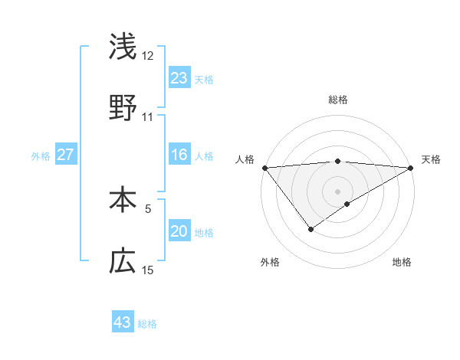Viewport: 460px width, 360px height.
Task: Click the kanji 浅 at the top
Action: [123, 47]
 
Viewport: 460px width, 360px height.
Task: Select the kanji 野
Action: [123, 108]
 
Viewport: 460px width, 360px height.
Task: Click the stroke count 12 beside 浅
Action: [148, 56]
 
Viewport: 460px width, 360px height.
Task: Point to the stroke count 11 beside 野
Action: [148, 117]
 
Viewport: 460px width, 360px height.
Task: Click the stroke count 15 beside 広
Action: [148, 270]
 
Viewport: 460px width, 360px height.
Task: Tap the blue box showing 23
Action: [179, 78]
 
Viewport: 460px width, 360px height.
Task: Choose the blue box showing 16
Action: [179, 155]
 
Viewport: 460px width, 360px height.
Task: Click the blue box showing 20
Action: [179, 231]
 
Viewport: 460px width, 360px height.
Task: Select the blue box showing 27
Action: [66, 155]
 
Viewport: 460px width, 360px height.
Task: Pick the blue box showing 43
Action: [123, 322]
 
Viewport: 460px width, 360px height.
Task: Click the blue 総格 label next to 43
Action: [147, 324]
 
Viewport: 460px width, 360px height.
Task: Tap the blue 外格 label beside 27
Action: [41, 156]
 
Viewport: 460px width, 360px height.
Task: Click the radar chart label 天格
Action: [431, 159]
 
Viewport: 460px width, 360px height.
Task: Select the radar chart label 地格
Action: [402, 262]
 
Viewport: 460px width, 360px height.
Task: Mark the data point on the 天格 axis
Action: [411, 168]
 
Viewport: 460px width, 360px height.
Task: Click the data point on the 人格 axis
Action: [264, 168]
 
